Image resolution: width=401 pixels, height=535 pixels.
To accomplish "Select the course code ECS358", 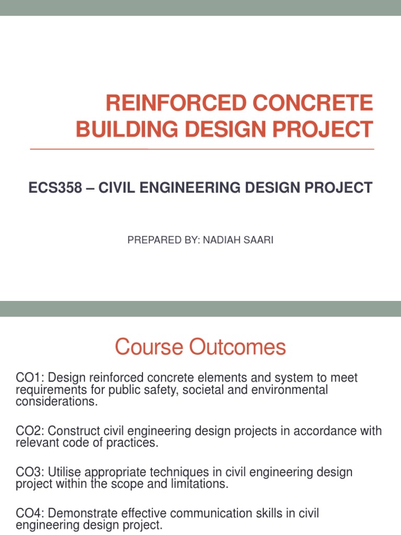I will (55, 188).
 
